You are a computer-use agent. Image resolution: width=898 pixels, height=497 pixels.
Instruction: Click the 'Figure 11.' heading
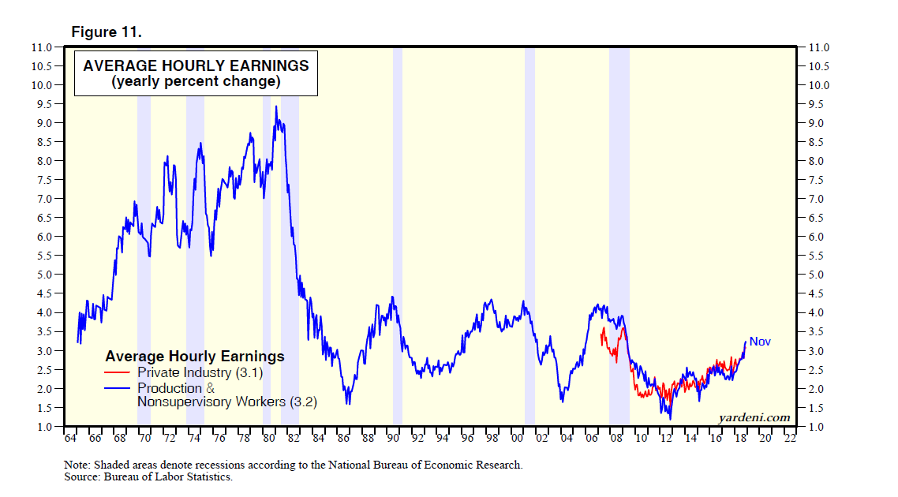(107, 32)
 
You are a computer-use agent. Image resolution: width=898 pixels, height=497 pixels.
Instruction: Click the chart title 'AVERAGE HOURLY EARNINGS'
(196, 65)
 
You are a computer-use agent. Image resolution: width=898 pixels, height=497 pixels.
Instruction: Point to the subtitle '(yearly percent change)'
(196, 81)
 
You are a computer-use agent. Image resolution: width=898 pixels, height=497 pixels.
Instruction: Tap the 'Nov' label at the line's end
(760, 342)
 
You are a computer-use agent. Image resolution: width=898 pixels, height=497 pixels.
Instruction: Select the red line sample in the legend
(118, 372)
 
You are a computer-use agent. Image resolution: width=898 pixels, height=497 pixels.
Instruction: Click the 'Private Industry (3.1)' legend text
(199, 372)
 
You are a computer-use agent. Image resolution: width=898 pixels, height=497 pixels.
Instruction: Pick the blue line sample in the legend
(118, 388)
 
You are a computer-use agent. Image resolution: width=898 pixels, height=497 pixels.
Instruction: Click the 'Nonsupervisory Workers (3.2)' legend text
(227, 402)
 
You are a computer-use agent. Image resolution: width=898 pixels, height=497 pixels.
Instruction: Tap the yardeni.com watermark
(754, 417)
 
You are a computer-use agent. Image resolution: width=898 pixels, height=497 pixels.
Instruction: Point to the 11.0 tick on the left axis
(43, 47)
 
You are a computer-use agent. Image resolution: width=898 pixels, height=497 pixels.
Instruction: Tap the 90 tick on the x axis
(392, 439)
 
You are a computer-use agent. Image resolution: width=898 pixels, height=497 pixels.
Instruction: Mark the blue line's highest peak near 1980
(275, 106)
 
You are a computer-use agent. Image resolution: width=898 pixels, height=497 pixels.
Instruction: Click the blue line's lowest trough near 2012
(670, 418)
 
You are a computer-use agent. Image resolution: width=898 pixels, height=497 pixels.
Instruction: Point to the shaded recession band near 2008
(619, 237)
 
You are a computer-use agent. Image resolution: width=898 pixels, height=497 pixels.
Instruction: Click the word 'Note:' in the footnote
(77, 465)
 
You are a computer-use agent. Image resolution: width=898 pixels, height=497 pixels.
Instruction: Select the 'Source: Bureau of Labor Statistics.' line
(148, 476)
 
